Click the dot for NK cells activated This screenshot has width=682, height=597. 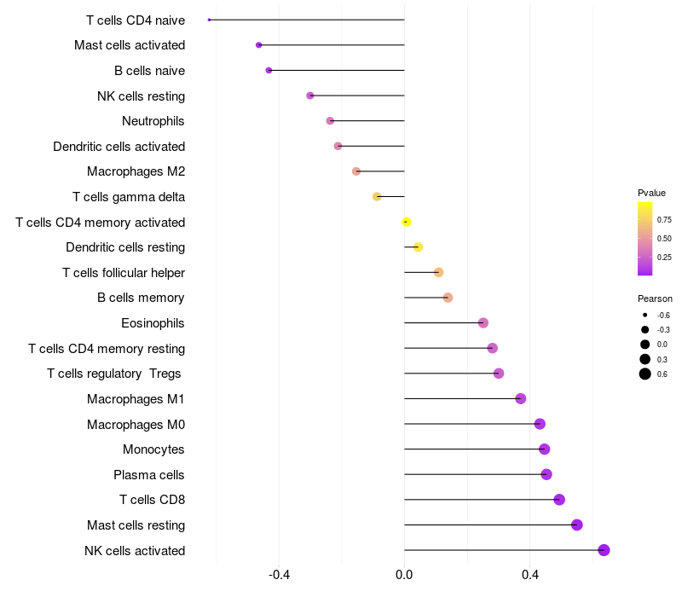[x=604, y=550]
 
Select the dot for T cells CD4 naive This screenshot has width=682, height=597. [x=209, y=20]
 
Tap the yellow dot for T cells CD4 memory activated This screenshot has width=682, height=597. [x=407, y=222]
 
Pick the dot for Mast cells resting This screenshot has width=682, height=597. [x=577, y=525]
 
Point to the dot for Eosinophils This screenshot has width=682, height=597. [x=483, y=323]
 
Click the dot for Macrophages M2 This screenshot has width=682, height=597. [x=356, y=171]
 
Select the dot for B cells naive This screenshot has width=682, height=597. [x=269, y=70]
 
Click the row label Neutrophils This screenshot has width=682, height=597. [x=153, y=121]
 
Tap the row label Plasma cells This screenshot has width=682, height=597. [x=149, y=475]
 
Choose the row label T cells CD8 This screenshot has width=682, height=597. [x=153, y=500]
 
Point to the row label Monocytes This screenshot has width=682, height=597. [x=153, y=449]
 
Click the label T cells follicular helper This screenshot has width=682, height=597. [x=124, y=273]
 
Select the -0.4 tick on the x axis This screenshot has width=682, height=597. [x=279, y=575]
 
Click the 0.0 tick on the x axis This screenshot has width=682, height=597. [x=404, y=575]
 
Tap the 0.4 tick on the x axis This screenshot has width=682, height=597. [x=529, y=575]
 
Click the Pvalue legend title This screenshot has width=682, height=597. [x=651, y=193]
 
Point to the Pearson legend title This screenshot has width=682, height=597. [x=655, y=299]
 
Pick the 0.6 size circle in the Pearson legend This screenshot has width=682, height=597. [x=645, y=374]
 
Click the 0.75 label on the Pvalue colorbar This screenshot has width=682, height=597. [x=664, y=219]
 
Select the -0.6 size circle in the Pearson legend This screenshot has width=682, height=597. [x=645, y=315]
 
